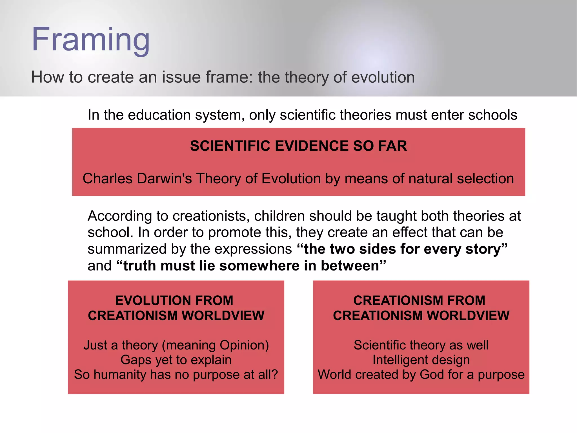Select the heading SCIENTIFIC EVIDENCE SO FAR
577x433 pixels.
(x=298, y=146)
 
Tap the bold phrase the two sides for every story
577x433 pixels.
(x=402, y=249)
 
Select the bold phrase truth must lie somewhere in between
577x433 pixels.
(x=251, y=266)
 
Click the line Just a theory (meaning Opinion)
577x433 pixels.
(x=176, y=345)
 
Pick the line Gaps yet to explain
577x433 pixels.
(x=176, y=360)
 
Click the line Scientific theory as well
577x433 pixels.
(x=421, y=345)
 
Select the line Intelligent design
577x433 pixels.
(x=421, y=360)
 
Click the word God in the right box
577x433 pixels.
(x=432, y=375)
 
